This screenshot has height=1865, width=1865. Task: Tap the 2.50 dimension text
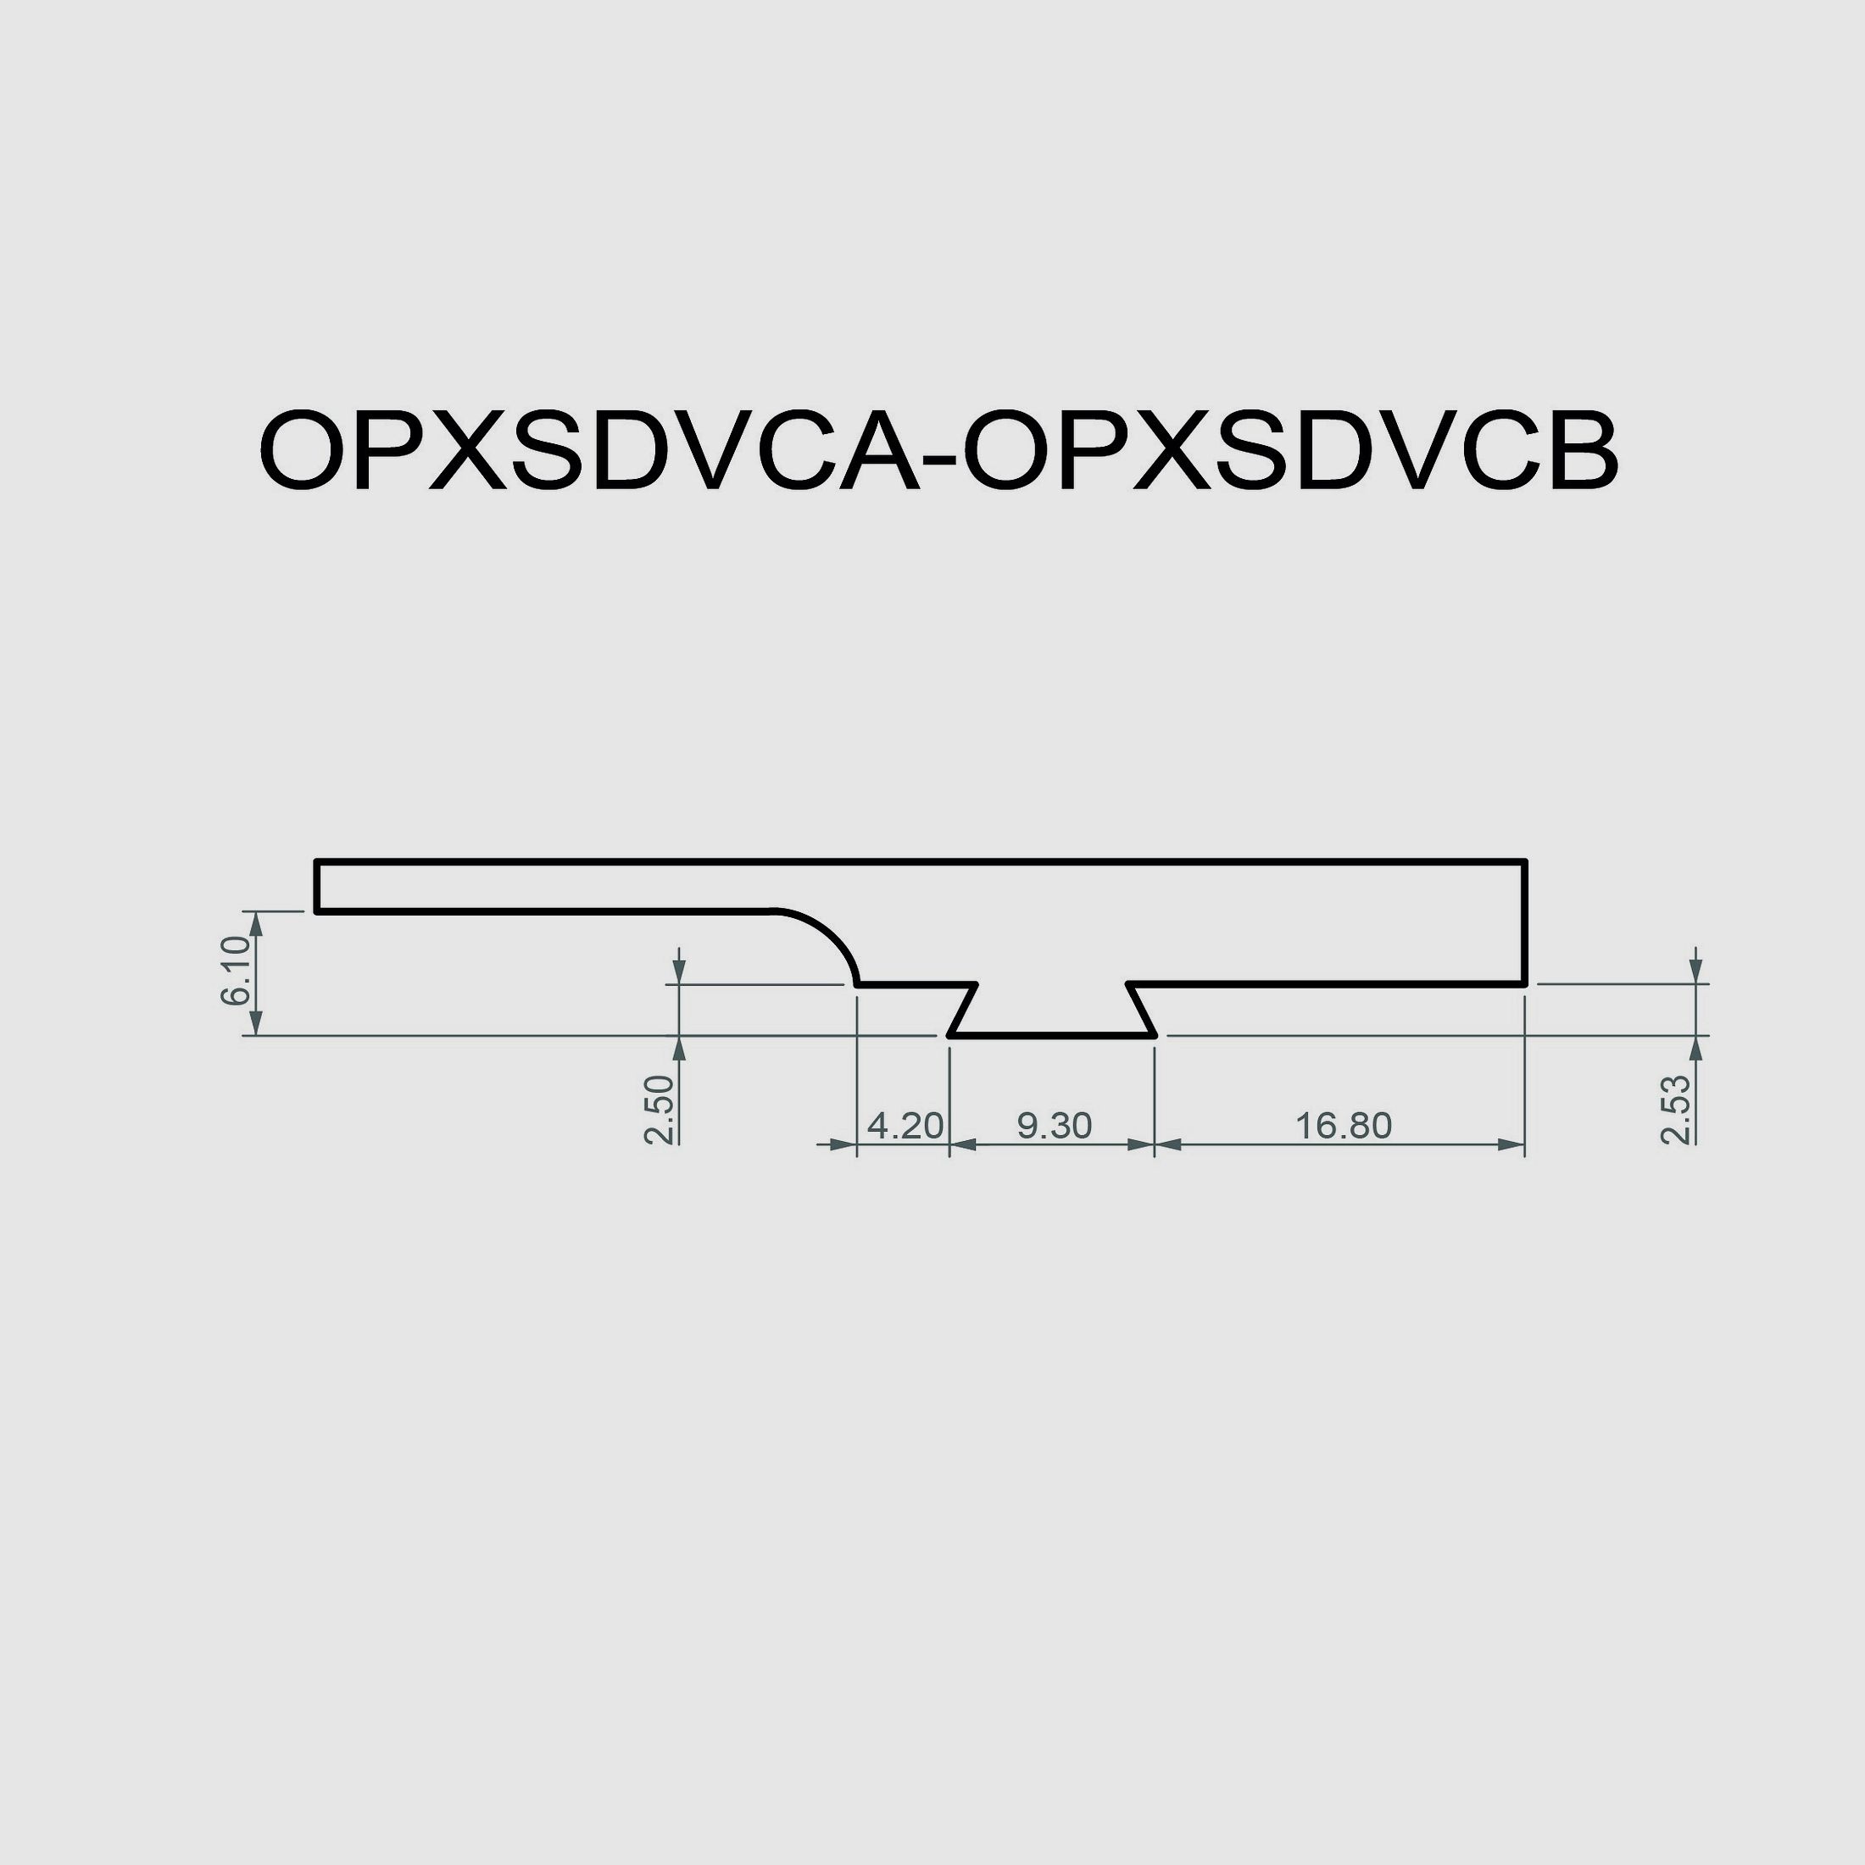tap(660, 1109)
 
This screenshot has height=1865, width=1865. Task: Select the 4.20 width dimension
tap(905, 1125)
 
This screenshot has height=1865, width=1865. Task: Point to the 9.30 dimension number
tap(1054, 1125)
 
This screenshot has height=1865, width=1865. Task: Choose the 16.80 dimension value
tap(1343, 1125)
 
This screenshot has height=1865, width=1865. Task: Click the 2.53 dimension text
tap(1677, 1109)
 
